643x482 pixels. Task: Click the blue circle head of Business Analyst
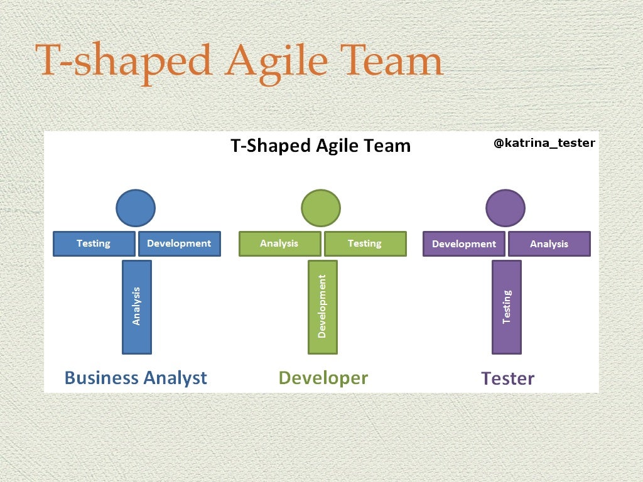click(x=136, y=208)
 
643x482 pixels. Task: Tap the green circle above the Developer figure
click(x=321, y=208)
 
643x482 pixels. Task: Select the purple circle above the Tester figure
click(x=505, y=208)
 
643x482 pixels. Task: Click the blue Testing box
click(x=94, y=244)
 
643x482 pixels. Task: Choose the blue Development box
click(x=180, y=244)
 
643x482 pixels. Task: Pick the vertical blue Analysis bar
click(x=137, y=307)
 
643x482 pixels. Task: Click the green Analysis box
click(x=279, y=244)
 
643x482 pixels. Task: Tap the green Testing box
click(x=365, y=244)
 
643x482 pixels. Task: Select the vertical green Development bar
click(x=323, y=307)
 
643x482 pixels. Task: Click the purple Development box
click(x=464, y=244)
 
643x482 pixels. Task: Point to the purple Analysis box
click(x=549, y=244)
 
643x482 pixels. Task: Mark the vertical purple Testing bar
click(x=507, y=307)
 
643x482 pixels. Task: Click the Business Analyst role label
click(x=136, y=378)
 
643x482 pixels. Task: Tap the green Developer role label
click(x=323, y=378)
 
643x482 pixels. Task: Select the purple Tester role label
click(x=507, y=379)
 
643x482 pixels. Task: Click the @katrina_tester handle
click(x=544, y=143)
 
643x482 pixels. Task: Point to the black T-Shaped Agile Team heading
click(x=320, y=146)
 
